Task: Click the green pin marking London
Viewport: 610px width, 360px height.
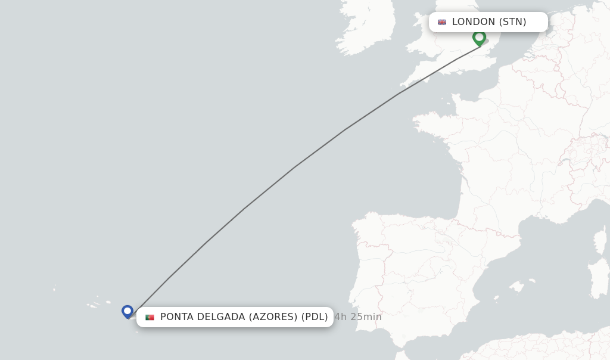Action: (x=479, y=38)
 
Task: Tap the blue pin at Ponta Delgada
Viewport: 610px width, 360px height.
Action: (x=127, y=311)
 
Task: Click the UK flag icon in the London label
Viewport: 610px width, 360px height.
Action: (x=442, y=22)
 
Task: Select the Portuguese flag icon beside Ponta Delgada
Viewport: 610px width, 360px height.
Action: (x=150, y=317)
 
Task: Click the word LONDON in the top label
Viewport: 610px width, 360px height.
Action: (x=474, y=22)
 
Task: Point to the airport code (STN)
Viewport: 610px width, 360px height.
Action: (x=512, y=22)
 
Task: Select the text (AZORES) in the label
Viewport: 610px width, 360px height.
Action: (x=273, y=317)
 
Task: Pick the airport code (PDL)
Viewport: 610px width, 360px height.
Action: (x=314, y=317)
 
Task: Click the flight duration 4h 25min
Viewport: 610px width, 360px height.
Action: (x=358, y=317)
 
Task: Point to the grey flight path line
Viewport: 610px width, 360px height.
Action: (x=294, y=167)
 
